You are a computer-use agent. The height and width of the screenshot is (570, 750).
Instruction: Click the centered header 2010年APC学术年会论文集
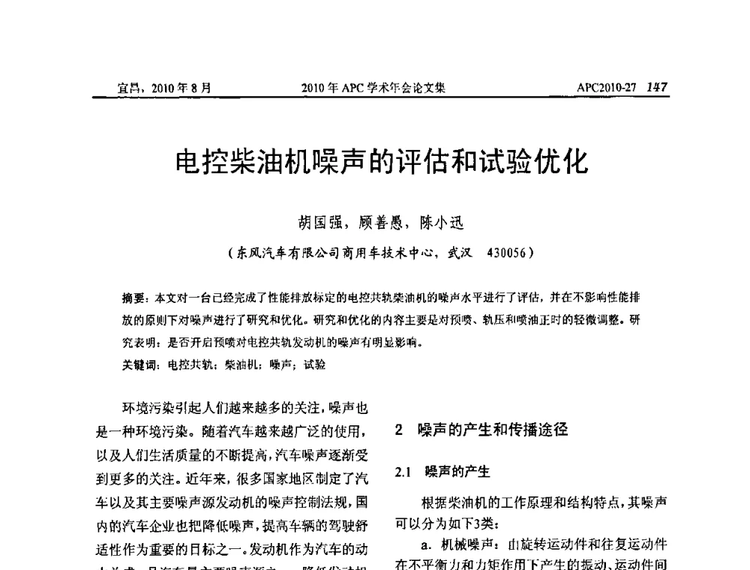click(x=373, y=88)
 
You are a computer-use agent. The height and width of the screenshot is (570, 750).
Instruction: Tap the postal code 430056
click(x=507, y=253)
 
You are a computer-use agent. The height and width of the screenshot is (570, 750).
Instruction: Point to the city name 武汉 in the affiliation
click(x=459, y=253)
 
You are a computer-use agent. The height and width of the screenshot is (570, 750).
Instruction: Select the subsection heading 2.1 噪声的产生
click(x=442, y=472)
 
